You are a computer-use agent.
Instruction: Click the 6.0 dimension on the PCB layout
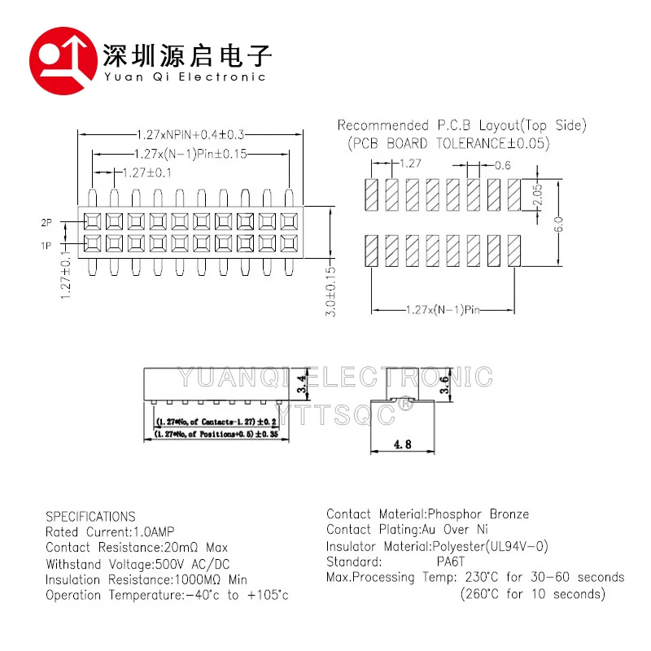point(558,222)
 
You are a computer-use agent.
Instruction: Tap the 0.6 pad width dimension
point(503,165)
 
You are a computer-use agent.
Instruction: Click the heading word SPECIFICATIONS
point(90,517)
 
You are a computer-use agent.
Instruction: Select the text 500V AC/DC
point(192,564)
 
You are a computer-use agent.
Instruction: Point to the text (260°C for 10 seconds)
point(527,594)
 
